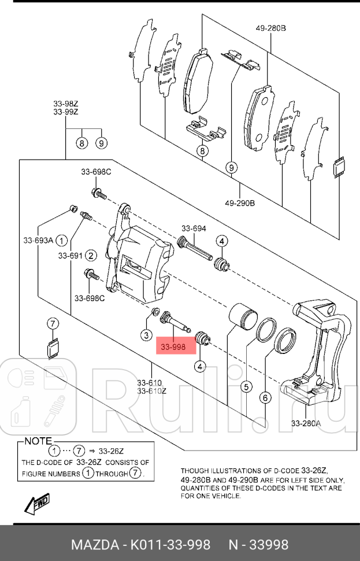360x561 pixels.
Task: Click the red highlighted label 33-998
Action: (x=173, y=347)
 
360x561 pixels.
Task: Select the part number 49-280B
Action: (x=271, y=28)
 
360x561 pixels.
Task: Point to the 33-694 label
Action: (x=194, y=228)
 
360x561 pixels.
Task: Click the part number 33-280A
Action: (x=306, y=423)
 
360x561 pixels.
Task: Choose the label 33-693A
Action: (x=38, y=240)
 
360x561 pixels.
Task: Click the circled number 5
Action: (x=246, y=386)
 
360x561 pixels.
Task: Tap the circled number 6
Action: (x=265, y=397)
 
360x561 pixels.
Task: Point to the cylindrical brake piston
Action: (x=242, y=318)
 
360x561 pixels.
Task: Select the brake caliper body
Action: (x=138, y=261)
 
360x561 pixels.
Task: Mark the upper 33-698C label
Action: (x=96, y=172)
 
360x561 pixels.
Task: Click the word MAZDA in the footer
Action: (x=91, y=545)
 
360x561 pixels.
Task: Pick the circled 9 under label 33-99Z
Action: (x=101, y=142)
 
